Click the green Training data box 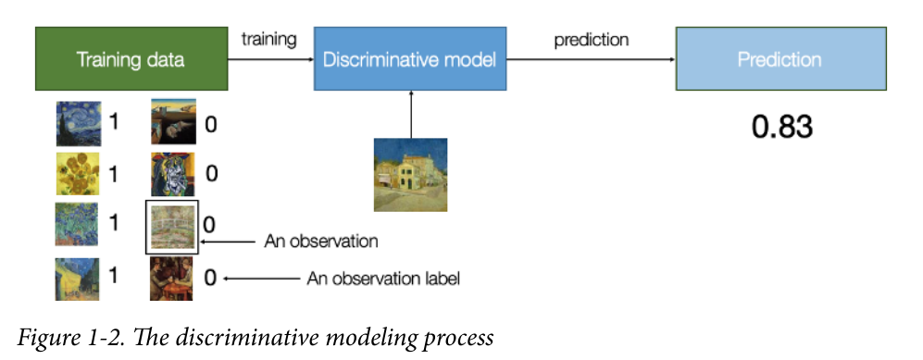pyautogui.click(x=131, y=58)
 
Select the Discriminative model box pyautogui.click(x=410, y=58)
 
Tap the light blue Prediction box pyautogui.click(x=780, y=58)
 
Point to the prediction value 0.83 pyautogui.click(x=781, y=127)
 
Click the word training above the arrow pyautogui.click(x=269, y=40)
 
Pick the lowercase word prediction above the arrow pyautogui.click(x=591, y=40)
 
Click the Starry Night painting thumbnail pyautogui.click(x=79, y=123)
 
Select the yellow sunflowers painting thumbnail pyautogui.click(x=77, y=174)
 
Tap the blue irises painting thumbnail pyautogui.click(x=77, y=224)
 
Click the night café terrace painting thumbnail pyautogui.click(x=77, y=279)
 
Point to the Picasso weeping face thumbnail pyautogui.click(x=172, y=174)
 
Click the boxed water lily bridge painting pyautogui.click(x=172, y=227)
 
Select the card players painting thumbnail pyautogui.click(x=171, y=279)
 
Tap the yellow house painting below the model pyautogui.click(x=410, y=175)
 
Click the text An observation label pyautogui.click(x=382, y=279)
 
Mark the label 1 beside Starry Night pyautogui.click(x=114, y=122)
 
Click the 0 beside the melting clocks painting pyautogui.click(x=210, y=125)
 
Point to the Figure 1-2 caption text pyautogui.click(x=255, y=338)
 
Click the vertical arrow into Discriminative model pyautogui.click(x=411, y=114)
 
